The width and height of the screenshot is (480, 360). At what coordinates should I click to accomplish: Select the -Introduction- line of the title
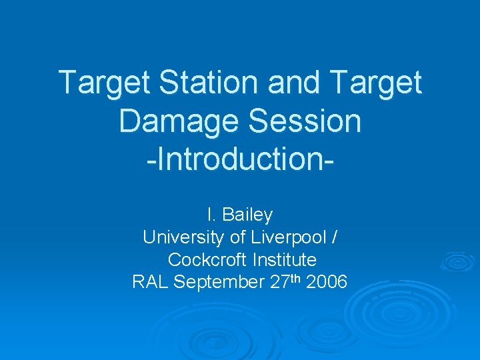(x=240, y=161)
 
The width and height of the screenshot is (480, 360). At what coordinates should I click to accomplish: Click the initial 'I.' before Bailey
(x=211, y=215)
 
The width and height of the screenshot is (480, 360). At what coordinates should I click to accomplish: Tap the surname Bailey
(x=247, y=215)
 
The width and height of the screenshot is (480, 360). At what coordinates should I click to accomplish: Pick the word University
(x=181, y=237)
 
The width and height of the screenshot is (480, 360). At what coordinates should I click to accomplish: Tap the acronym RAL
(x=151, y=282)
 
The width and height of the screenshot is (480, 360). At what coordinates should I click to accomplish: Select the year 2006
(x=326, y=282)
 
